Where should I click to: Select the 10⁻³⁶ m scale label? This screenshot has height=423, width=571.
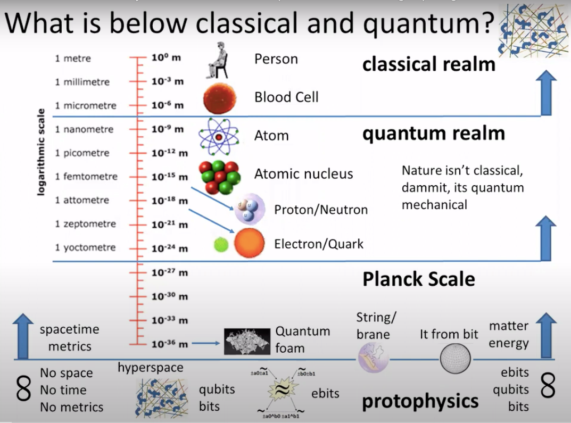[170, 344]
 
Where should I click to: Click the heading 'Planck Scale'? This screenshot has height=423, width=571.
[418, 279]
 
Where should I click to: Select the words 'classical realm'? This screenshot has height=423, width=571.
[428, 64]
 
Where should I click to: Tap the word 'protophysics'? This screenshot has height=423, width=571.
[420, 401]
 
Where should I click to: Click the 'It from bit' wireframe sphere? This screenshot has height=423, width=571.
[455, 360]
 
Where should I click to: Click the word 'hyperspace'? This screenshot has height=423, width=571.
[150, 368]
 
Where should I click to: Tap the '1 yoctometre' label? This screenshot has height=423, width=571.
[85, 247]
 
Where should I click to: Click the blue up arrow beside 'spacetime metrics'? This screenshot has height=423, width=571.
[22, 336]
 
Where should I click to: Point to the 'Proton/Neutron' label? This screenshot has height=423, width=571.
[320, 210]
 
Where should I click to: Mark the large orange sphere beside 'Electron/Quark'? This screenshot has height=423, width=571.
[249, 243]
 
